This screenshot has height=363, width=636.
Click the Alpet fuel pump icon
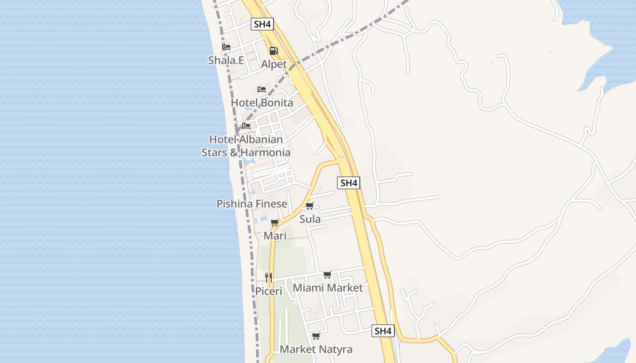(x=273, y=51)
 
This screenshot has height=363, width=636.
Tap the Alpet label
(x=273, y=64)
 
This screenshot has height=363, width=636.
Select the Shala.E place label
(x=226, y=60)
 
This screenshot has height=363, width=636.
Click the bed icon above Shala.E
(x=226, y=47)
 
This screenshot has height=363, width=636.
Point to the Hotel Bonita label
(x=262, y=103)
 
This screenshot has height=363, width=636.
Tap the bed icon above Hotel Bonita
(x=262, y=89)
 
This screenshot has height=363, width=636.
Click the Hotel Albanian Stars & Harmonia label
(x=246, y=146)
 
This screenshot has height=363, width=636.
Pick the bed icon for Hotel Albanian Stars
(x=246, y=126)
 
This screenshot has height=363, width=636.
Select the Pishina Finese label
(x=252, y=204)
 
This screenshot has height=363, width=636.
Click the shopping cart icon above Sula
(x=310, y=206)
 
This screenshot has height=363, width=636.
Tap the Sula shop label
(x=310, y=219)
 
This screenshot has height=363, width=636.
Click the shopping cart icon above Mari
(x=274, y=222)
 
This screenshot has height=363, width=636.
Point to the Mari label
(x=275, y=236)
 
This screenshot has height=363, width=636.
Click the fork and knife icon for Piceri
(x=268, y=277)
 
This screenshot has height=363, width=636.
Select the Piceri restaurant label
(x=268, y=291)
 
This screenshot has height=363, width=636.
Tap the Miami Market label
(x=328, y=288)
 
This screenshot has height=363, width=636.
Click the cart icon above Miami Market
(x=327, y=275)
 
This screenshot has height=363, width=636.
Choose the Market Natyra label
(x=316, y=349)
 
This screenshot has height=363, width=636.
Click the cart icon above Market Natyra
(x=316, y=336)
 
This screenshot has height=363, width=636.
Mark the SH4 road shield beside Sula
(x=349, y=183)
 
